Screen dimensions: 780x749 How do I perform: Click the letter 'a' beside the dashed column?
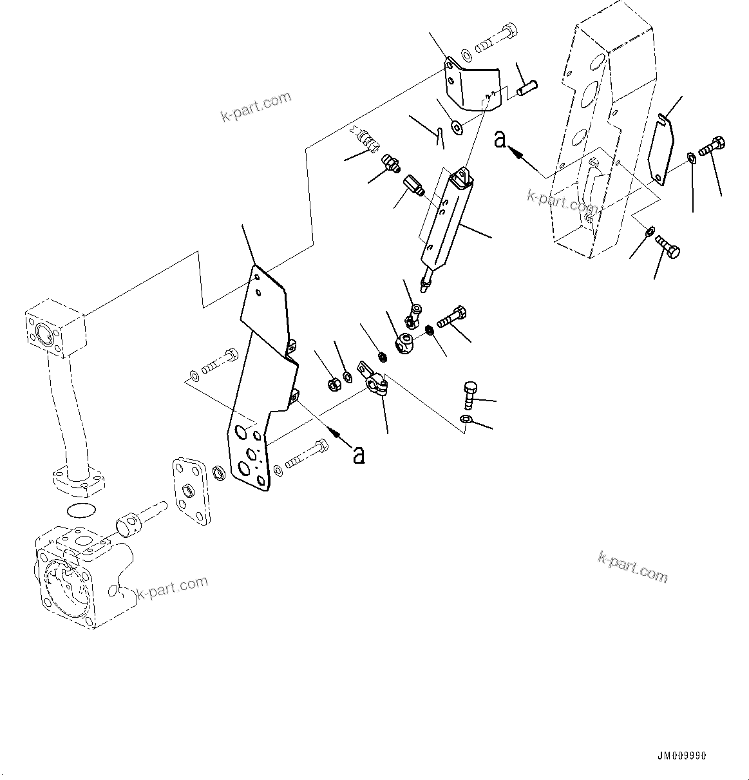click(x=500, y=138)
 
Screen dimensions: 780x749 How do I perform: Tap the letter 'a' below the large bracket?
click(x=359, y=454)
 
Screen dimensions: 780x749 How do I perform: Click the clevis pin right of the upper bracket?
click(x=527, y=86)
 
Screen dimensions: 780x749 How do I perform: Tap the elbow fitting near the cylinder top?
click(x=390, y=163)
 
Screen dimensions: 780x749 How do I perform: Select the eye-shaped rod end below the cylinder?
click(x=405, y=342)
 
